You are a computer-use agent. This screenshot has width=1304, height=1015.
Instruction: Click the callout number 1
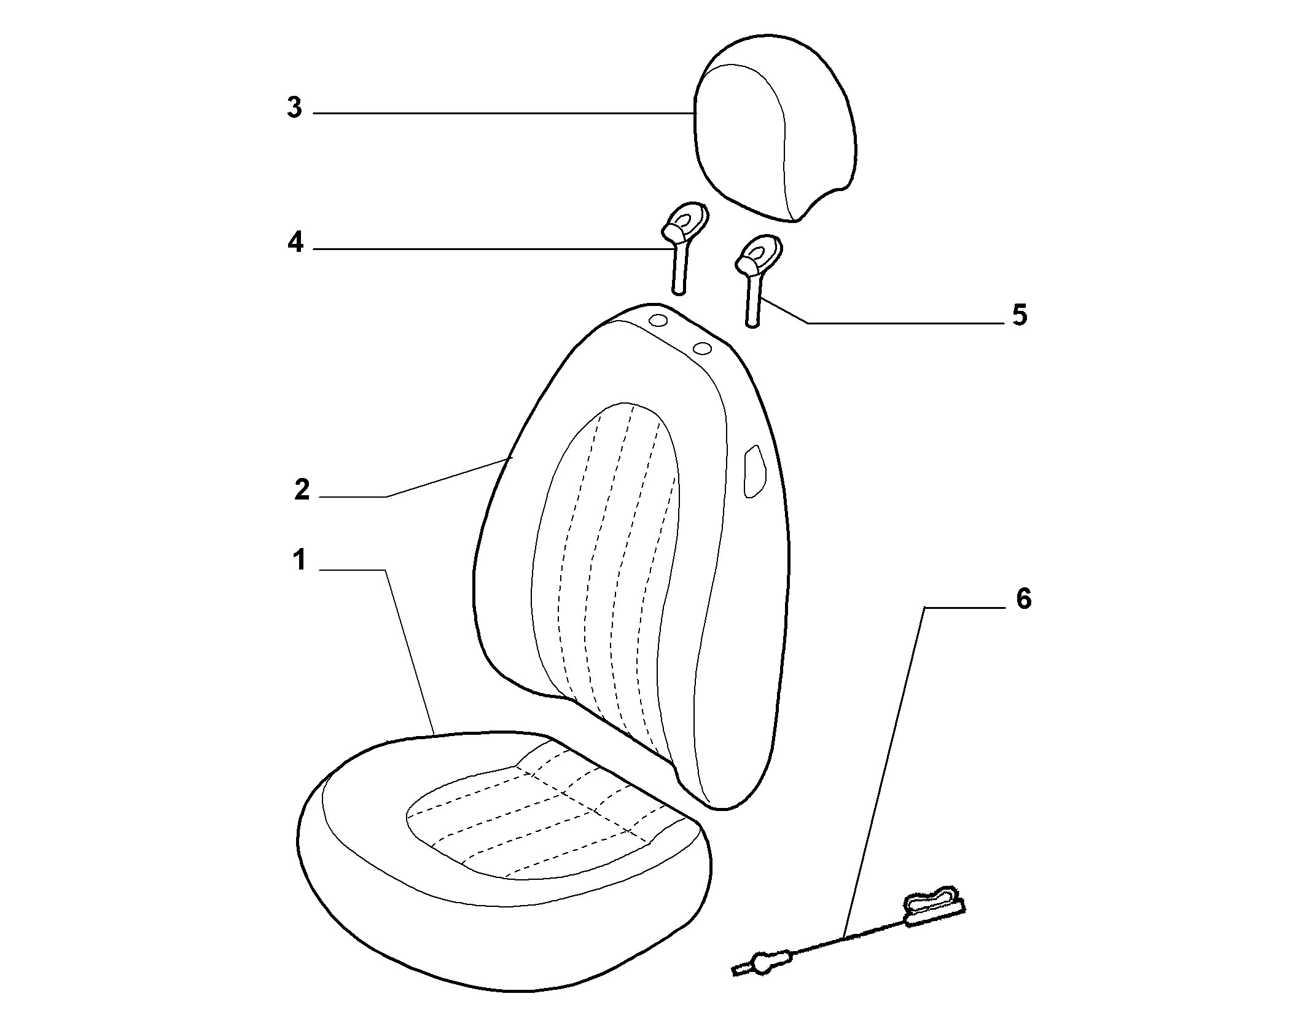click(299, 560)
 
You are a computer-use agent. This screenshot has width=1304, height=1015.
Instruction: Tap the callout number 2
click(302, 490)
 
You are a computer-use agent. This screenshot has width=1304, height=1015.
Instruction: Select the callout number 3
click(295, 108)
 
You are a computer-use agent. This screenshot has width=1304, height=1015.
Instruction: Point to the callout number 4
click(295, 243)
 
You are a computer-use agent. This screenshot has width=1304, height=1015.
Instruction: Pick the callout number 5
click(1020, 315)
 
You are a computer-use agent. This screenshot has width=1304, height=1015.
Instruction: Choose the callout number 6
click(1024, 599)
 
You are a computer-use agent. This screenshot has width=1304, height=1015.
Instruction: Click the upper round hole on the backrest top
click(658, 321)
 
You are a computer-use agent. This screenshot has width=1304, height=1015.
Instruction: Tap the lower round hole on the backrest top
click(702, 349)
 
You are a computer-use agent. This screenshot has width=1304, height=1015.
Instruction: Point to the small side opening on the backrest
click(754, 472)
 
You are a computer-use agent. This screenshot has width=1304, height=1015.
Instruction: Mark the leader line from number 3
click(503, 113)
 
